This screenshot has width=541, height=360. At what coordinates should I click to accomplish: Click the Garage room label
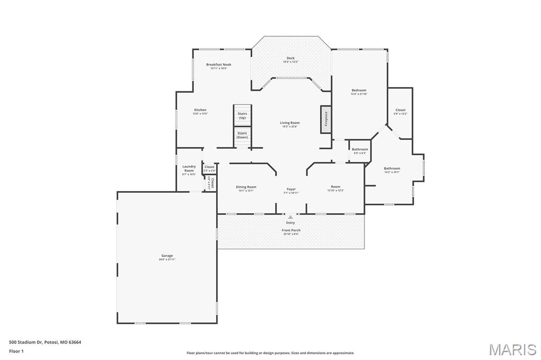pos(167,256)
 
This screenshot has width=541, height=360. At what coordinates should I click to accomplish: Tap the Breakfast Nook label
pos(219,65)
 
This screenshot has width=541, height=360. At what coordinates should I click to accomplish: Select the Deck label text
pos(291,59)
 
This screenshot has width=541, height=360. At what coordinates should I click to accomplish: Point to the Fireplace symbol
pos(325,119)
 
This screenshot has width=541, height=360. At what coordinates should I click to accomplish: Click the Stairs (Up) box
pos(242,115)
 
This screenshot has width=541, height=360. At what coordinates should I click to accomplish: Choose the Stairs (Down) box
pos(242,135)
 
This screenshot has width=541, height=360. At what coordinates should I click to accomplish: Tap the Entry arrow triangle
pos(291,216)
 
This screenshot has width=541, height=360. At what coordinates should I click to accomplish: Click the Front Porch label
pos(291,230)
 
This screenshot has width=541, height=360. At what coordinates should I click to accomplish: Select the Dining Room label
pos(246,187)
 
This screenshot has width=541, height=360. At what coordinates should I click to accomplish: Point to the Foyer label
pos(291,189)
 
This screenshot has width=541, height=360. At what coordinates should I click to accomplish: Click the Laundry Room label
pos(189,168)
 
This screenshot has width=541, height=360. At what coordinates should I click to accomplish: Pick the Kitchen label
pos(200,110)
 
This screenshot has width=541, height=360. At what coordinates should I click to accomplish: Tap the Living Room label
pos(290,123)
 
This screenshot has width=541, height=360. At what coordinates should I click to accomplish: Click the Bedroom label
pos(359,90)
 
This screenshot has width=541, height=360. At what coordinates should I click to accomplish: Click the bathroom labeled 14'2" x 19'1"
pos(392,169)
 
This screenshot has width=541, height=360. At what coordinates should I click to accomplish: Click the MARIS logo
pos(512,349)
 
